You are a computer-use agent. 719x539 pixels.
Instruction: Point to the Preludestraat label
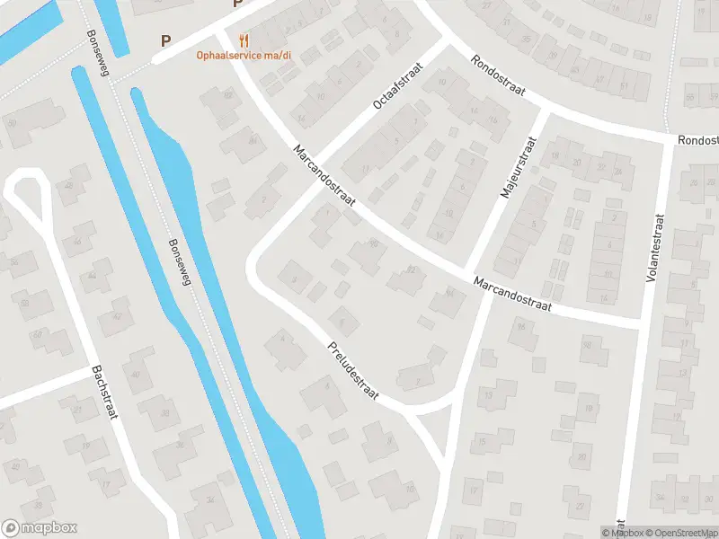click(x=353, y=368)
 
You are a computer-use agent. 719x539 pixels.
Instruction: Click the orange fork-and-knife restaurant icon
click(x=243, y=40)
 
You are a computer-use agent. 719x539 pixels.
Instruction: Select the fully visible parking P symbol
click(x=164, y=40)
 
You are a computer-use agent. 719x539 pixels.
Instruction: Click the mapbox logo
click(x=40, y=528)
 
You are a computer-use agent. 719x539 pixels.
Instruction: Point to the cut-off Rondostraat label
click(x=698, y=140)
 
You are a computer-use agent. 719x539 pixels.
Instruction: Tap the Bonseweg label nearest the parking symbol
click(x=96, y=54)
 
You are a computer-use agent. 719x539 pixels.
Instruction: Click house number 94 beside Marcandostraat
click(x=450, y=292)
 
